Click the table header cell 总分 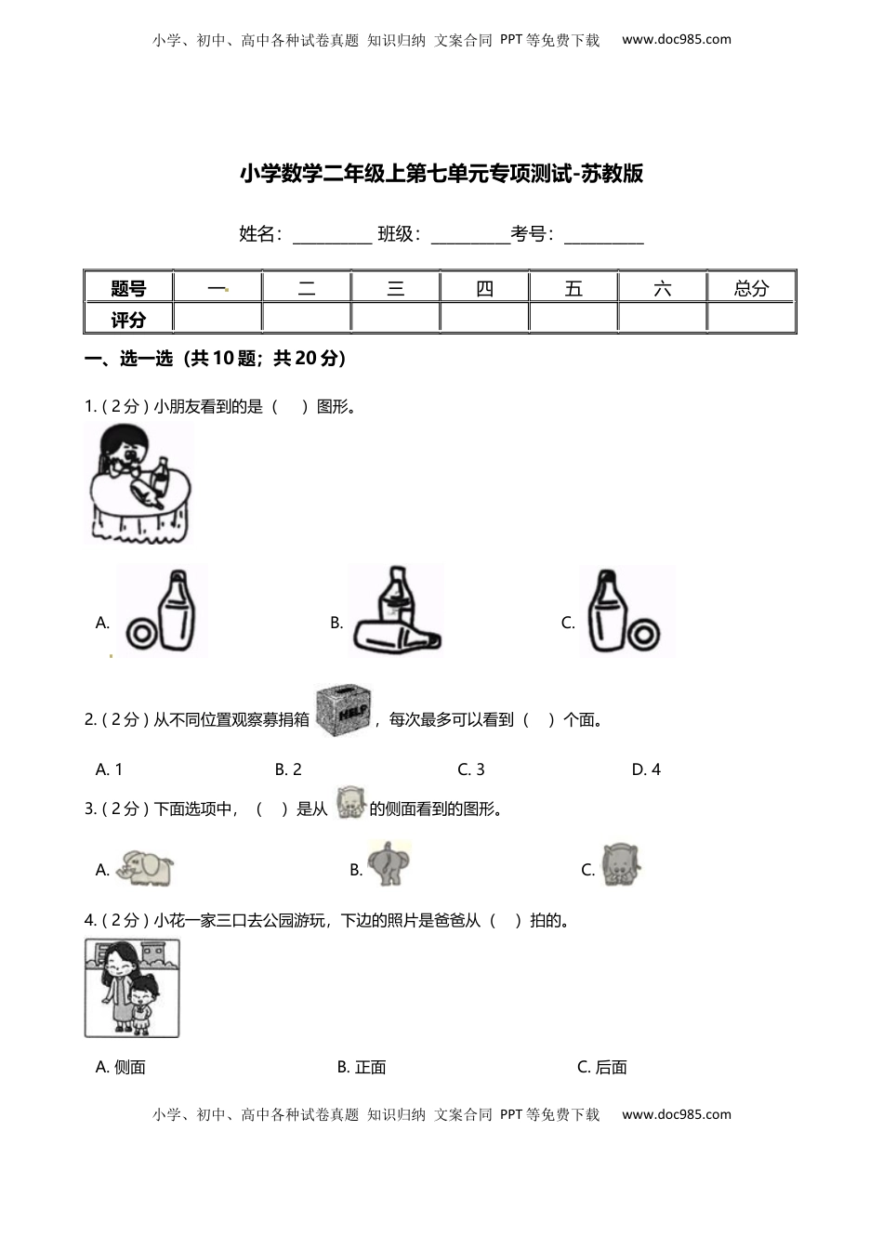pyautogui.click(x=751, y=288)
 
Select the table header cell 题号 pyautogui.click(x=128, y=288)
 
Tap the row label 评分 pyautogui.click(x=128, y=320)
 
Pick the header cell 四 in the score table pyautogui.click(x=484, y=288)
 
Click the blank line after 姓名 pyautogui.click(x=332, y=236)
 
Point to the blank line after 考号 pyautogui.click(x=603, y=236)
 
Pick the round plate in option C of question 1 pyautogui.click(x=643, y=635)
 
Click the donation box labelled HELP pyautogui.click(x=343, y=712)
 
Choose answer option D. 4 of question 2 pyautogui.click(x=646, y=769)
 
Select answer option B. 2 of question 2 pyautogui.click(x=288, y=769)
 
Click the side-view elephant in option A pyautogui.click(x=147, y=867)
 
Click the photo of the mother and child pyautogui.click(x=132, y=987)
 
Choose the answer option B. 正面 pyautogui.click(x=362, y=1068)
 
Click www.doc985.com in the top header pyautogui.click(x=676, y=39)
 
